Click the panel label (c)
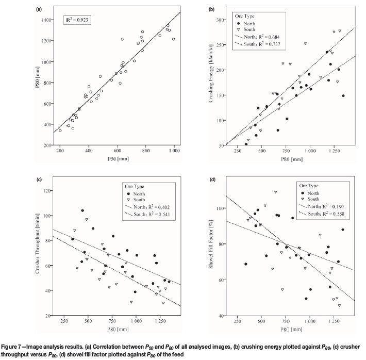click(x=40, y=180)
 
